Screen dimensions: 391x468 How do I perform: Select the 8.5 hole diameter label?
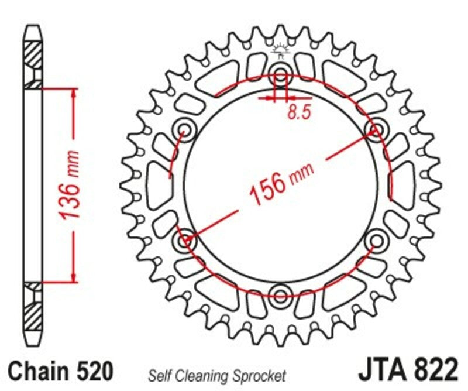coord(298,112)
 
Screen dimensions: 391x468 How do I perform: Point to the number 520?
coord(92,371)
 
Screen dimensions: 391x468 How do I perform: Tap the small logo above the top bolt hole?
coord(281,54)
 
